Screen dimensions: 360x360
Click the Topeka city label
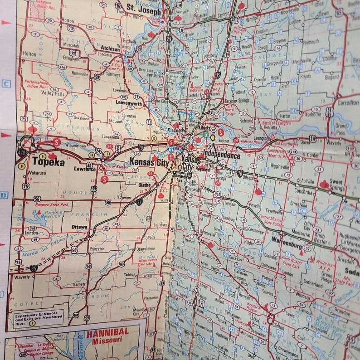[x=48, y=161]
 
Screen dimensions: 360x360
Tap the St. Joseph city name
[x=144, y=8]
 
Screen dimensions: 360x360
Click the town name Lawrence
[x=85, y=169]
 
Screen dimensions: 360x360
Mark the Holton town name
[x=29, y=54]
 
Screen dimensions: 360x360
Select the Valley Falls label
[x=54, y=93]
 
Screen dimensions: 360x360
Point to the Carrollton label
[x=348, y=103]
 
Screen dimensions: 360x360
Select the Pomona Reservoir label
[x=54, y=214]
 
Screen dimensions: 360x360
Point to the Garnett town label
[x=79, y=284]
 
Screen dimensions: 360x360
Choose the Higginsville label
[x=280, y=167]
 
